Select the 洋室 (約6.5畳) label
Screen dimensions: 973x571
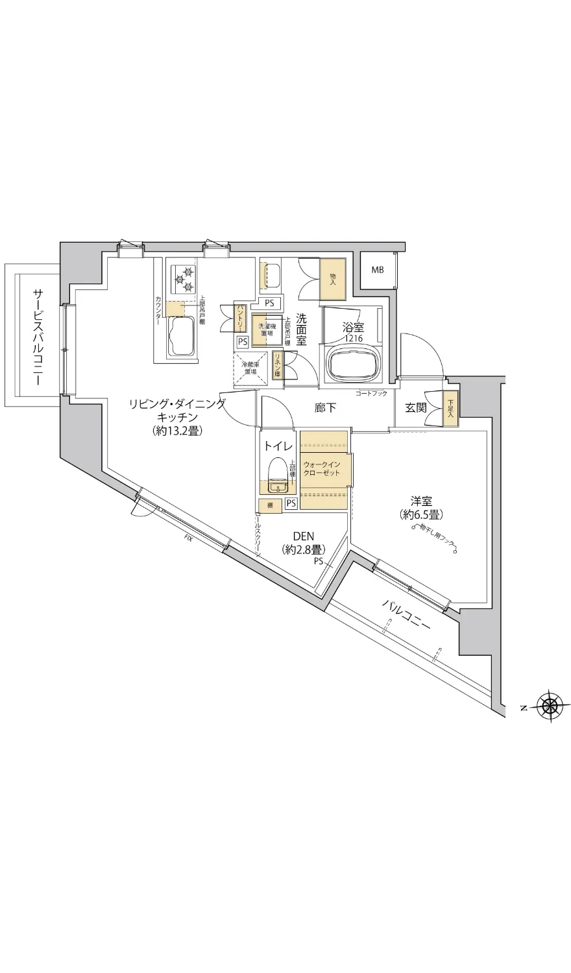pyautogui.click(x=421, y=508)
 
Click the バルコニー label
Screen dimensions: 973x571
pyautogui.click(x=406, y=614)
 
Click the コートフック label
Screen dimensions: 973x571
pyautogui.click(x=371, y=394)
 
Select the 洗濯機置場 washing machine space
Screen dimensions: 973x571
pyautogui.click(x=265, y=329)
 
